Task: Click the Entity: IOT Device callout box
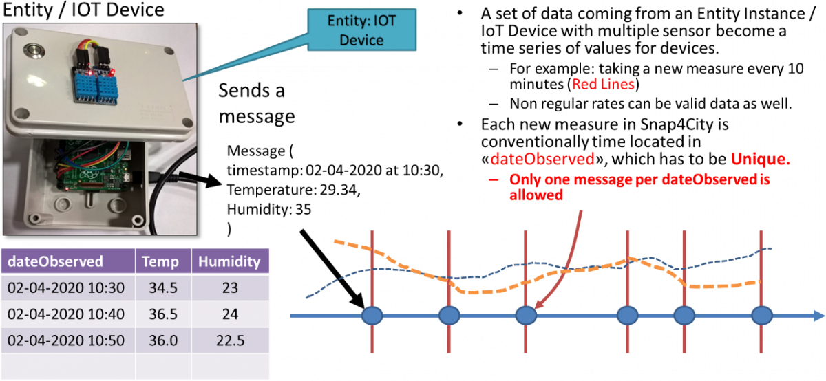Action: (x=362, y=31)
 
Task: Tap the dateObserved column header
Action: (x=54, y=261)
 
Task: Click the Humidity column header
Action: (x=230, y=261)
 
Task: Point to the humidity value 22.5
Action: (x=230, y=341)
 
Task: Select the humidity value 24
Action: (x=230, y=314)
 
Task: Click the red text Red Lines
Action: (x=604, y=85)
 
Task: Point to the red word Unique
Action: (x=760, y=160)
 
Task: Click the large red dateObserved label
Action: (x=542, y=160)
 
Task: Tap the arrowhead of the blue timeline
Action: (x=818, y=316)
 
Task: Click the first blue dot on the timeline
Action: (x=372, y=316)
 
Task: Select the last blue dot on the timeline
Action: (x=762, y=316)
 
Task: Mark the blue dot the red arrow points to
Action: (x=526, y=316)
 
